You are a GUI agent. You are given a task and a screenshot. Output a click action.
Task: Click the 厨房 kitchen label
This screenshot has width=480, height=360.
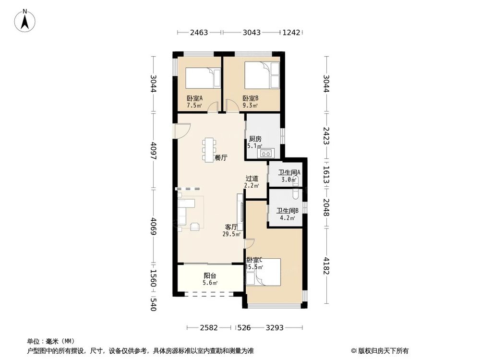pyautogui.click(x=255, y=139)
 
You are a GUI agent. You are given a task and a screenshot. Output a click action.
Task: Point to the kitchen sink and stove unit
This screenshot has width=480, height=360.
pyautogui.click(x=265, y=154)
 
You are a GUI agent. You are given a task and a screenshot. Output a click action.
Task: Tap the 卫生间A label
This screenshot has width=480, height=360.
pyautogui.click(x=289, y=173)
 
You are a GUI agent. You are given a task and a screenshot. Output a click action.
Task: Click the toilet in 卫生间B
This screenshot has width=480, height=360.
pyautogui.click(x=296, y=194)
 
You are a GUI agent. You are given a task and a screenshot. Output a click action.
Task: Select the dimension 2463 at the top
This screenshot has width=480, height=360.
pyautogui.click(x=199, y=33)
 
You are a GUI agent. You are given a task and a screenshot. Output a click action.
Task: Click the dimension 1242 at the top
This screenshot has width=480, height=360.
pyautogui.click(x=291, y=33)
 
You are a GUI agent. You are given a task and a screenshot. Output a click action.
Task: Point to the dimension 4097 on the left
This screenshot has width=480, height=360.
pyautogui.click(x=153, y=150)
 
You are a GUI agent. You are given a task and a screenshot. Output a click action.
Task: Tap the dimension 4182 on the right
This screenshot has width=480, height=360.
pyautogui.click(x=326, y=266)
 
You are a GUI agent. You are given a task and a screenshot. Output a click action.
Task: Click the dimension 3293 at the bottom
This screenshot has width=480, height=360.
pyautogui.click(x=275, y=328)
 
